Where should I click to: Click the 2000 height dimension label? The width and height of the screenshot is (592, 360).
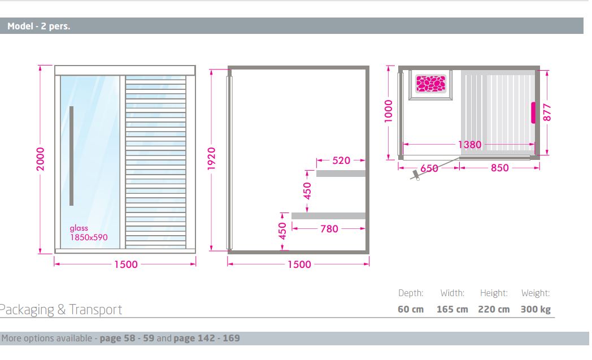point(41,159)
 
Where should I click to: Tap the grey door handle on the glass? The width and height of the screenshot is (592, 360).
point(71,155)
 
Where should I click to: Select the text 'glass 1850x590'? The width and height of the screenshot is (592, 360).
point(89,233)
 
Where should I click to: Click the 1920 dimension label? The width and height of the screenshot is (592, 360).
point(211,159)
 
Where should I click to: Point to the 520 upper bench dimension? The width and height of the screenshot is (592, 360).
point(341,161)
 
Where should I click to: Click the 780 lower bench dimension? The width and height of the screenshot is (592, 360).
point(329,229)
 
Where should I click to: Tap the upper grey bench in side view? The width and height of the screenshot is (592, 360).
point(341,174)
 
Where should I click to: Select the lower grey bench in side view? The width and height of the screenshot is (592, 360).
point(328,216)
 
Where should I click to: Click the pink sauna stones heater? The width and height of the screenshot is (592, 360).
point(431,84)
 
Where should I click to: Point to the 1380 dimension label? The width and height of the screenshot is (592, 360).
point(469,144)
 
